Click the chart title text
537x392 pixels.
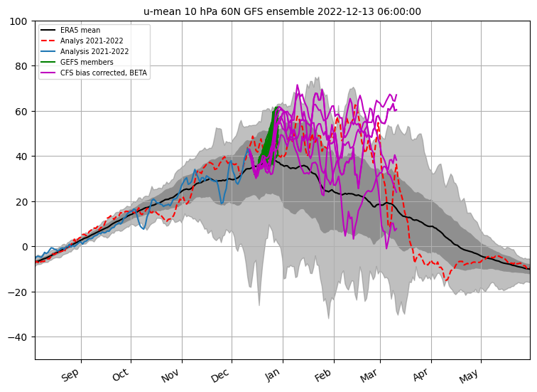(x=282, y=11)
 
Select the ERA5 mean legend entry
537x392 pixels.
(x=80, y=31)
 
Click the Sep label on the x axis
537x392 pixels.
(x=70, y=375)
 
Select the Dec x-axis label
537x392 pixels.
(x=220, y=375)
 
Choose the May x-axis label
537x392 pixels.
(x=470, y=375)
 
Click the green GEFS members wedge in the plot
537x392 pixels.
(x=270, y=135)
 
